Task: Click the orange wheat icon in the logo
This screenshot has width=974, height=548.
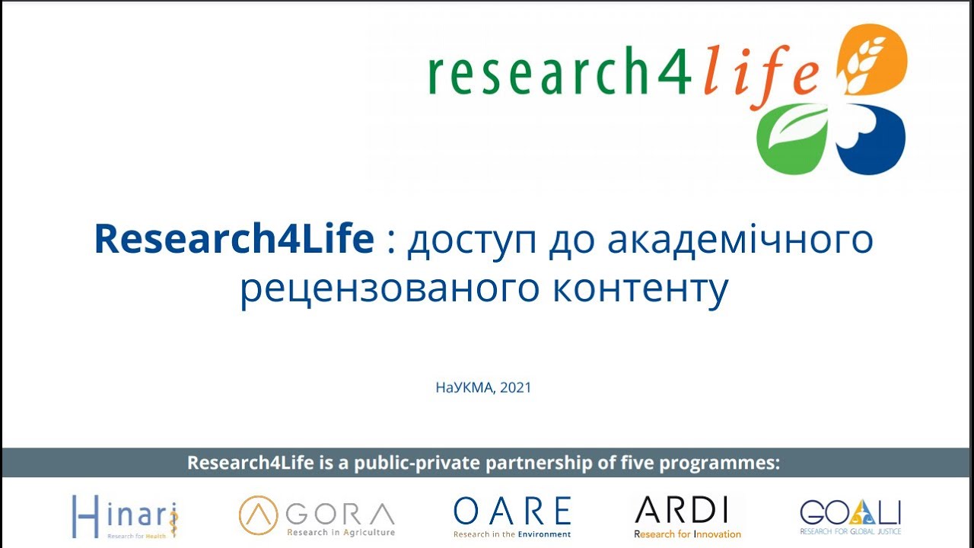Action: (x=872, y=59)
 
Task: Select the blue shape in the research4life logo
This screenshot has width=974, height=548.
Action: (x=872, y=137)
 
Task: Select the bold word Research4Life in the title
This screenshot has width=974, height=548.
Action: (x=234, y=240)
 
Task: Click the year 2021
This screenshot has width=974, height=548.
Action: (x=516, y=387)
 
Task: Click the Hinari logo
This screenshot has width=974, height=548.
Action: (x=126, y=516)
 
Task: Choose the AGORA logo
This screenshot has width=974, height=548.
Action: (x=317, y=516)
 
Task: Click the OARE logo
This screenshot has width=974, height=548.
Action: (x=512, y=516)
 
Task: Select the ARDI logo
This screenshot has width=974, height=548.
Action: (x=687, y=516)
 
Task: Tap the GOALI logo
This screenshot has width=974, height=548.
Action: (x=850, y=516)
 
